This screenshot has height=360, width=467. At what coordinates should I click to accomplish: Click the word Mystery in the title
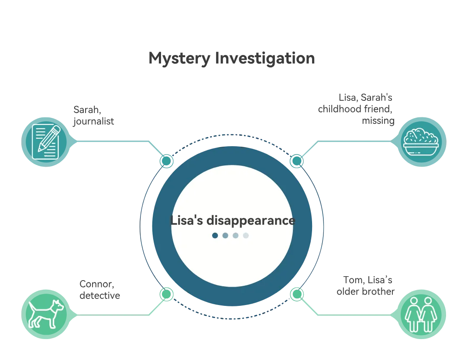(x=179, y=58)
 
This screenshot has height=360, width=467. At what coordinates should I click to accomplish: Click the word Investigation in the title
(x=265, y=58)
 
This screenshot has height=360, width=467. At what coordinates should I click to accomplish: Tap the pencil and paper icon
(x=46, y=142)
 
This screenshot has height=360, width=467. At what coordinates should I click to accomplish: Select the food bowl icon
(x=421, y=142)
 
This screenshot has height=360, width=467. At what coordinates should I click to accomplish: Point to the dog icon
(x=46, y=314)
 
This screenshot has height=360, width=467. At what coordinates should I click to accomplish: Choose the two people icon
(x=421, y=314)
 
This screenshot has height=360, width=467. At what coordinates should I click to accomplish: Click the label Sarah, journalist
(x=93, y=115)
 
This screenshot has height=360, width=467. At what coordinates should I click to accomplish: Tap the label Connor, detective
(x=100, y=290)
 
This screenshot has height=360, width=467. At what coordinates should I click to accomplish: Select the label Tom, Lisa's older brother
(x=365, y=285)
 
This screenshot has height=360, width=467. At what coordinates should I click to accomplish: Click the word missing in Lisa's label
(x=378, y=121)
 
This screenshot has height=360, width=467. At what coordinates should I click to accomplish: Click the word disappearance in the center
(x=251, y=220)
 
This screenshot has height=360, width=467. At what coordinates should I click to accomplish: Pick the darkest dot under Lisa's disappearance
(x=215, y=236)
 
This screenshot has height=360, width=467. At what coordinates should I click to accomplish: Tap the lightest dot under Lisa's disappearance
(x=246, y=236)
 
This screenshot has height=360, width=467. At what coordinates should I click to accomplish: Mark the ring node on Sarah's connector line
(x=166, y=161)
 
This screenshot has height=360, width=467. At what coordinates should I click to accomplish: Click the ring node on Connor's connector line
(x=166, y=294)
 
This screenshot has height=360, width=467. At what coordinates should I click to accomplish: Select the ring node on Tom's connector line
(x=297, y=294)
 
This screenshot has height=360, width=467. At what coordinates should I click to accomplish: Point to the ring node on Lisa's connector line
(x=297, y=161)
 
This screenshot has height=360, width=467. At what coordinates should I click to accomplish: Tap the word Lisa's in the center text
(x=187, y=220)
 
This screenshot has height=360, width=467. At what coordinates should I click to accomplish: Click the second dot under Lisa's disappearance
(x=225, y=236)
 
